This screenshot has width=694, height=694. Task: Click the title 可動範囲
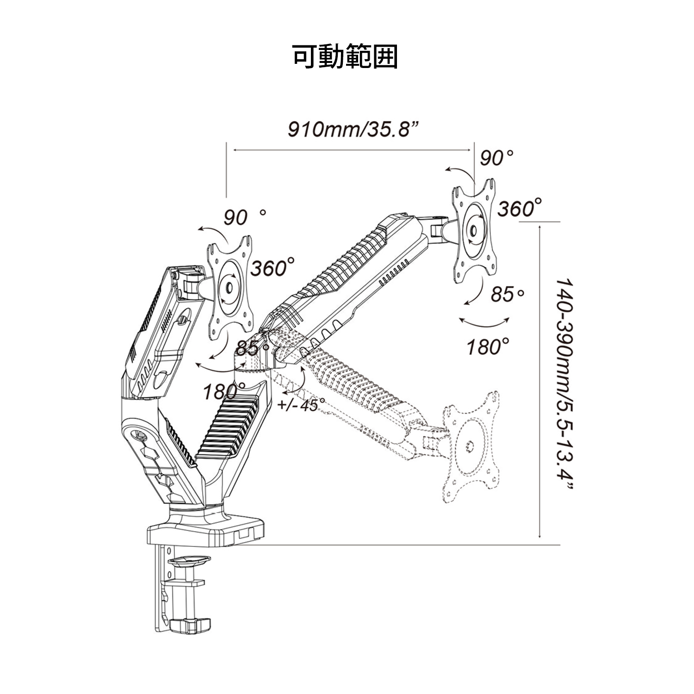coord(346,57)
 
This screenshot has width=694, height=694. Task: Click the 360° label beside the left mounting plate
coord(273,268)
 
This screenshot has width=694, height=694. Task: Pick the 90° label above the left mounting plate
coord(245,217)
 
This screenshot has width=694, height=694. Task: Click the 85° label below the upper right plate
coord(508,294)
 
